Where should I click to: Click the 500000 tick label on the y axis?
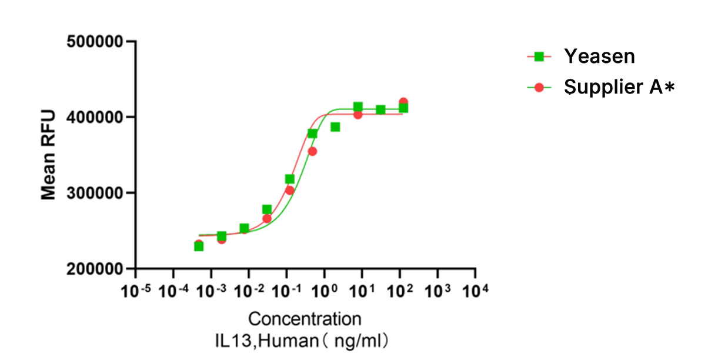point(95,42)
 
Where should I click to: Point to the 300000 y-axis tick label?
point(95,194)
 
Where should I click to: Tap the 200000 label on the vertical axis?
point(95,269)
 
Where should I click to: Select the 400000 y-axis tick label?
point(95,118)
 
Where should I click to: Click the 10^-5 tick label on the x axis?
point(136,291)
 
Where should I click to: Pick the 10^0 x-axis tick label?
point(323,291)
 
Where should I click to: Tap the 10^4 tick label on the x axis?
point(475,291)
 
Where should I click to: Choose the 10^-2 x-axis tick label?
point(249,291)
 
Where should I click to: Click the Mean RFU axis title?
point(49,155)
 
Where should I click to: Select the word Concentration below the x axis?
point(305,319)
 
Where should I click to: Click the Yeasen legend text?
point(599,56)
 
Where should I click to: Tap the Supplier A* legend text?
point(618,88)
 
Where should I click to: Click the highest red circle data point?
point(403,102)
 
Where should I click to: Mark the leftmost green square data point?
point(199,246)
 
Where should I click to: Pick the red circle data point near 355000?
point(312,151)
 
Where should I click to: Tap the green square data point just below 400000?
point(335,127)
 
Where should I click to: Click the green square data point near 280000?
point(267,209)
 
